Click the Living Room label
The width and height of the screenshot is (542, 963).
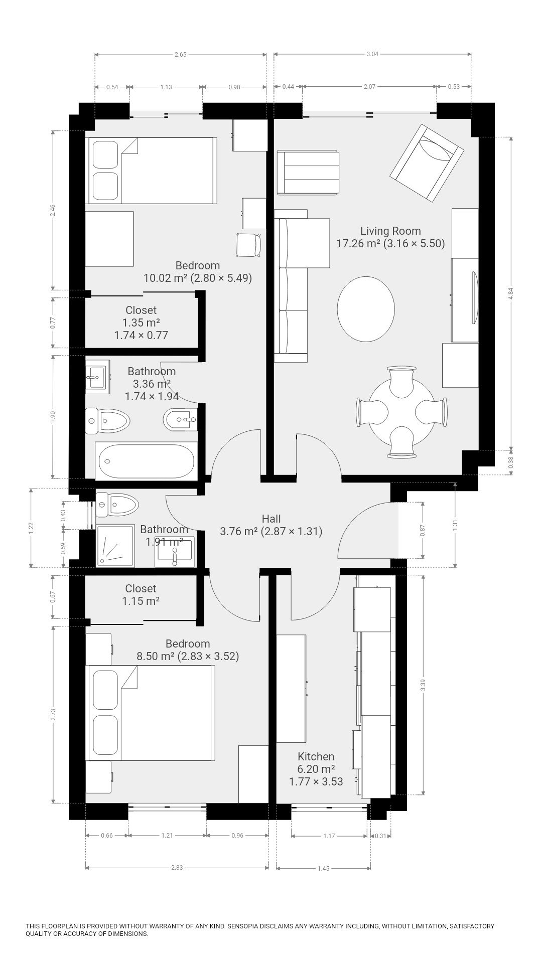click(x=390, y=237)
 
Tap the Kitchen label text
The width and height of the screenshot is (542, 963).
click(x=316, y=757)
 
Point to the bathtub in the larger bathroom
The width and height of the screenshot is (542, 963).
click(x=147, y=461)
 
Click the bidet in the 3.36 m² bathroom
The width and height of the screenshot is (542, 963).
click(x=181, y=419)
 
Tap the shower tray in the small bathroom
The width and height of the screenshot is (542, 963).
click(x=115, y=546)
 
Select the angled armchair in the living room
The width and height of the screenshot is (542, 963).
click(x=427, y=164)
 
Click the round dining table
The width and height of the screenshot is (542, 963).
click(x=401, y=412)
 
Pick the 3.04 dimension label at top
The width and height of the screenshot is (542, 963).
click(x=372, y=54)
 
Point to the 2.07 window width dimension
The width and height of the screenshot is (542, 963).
click(x=369, y=87)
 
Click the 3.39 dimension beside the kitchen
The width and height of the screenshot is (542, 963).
click(x=423, y=685)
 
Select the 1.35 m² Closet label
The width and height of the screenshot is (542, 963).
click(x=141, y=323)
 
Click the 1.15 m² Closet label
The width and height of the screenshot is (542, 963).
click(x=141, y=594)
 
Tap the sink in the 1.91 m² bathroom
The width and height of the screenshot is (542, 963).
click(x=175, y=554)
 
